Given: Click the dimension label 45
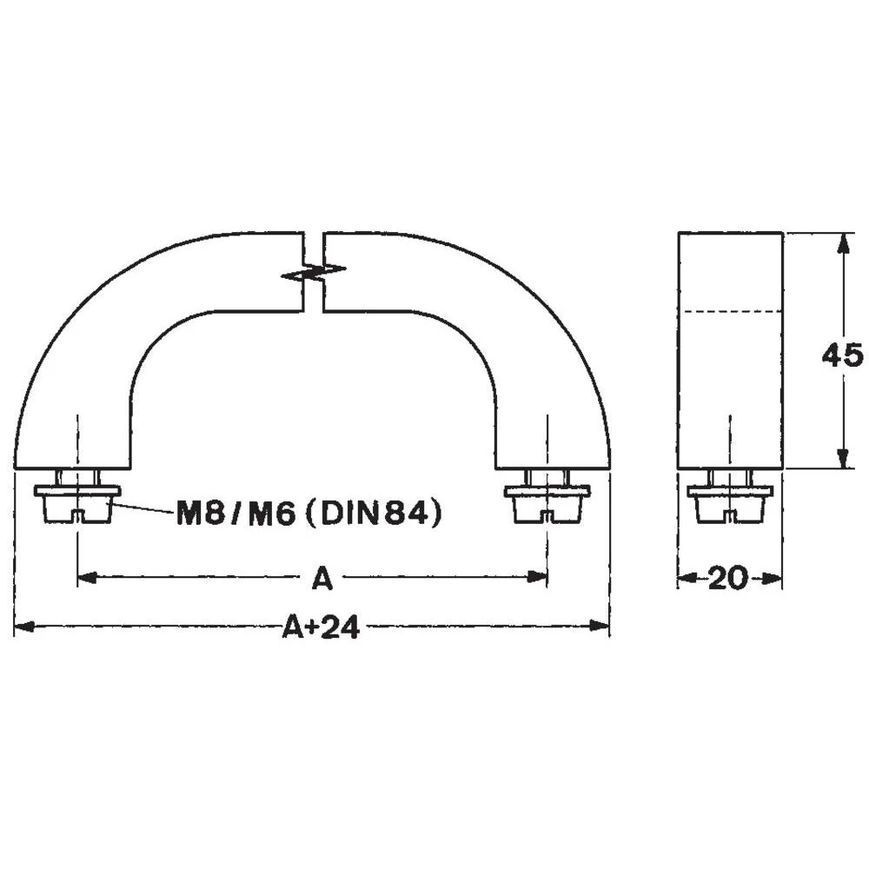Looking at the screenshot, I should [842, 355].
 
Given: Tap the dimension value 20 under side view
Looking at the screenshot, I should [727, 578].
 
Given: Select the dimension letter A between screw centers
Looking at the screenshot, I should [322, 578].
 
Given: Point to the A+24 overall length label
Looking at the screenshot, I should [321, 627].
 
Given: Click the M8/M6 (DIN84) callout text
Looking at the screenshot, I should [309, 514].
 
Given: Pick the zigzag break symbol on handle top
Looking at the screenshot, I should [314, 270].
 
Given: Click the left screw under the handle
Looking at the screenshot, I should [78, 498].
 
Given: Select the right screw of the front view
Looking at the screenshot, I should [547, 498].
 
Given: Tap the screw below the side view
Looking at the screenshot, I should [730, 498].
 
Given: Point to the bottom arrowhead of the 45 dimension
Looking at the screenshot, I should [841, 459].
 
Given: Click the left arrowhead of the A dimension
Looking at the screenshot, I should [87, 576].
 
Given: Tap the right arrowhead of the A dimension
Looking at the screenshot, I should [539, 576].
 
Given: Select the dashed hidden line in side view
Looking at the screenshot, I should [730, 311].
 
